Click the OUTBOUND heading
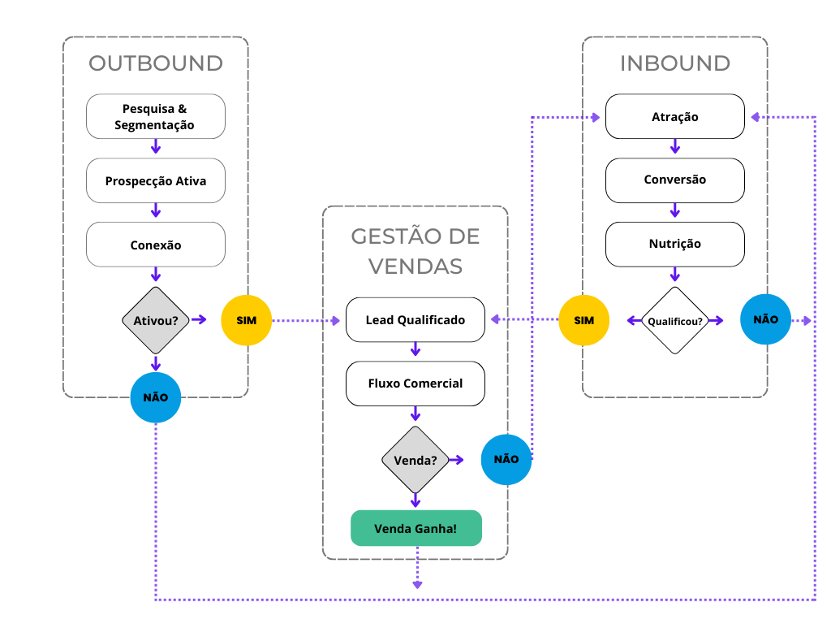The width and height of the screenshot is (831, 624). (156, 63)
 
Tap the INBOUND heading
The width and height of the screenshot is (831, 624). (674, 63)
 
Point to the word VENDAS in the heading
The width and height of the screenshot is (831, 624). (415, 266)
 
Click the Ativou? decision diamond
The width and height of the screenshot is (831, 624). (156, 320)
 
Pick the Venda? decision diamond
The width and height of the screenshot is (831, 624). (415, 460)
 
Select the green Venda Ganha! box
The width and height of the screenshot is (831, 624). (416, 528)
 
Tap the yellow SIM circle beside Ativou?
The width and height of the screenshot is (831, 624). (247, 320)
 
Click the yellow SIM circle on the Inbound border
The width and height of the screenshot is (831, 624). (584, 320)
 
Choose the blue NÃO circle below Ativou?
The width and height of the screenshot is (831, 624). (156, 397)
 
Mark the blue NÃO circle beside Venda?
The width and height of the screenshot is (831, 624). (506, 459)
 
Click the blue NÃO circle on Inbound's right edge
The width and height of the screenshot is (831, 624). (765, 319)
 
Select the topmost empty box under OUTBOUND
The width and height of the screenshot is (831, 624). (156, 116)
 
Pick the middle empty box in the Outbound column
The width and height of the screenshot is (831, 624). (156, 180)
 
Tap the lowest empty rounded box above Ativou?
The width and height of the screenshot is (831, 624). (156, 244)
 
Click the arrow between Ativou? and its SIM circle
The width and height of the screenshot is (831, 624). (200, 320)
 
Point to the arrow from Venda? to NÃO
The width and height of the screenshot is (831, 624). (456, 460)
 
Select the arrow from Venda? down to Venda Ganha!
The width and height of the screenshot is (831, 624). (415, 500)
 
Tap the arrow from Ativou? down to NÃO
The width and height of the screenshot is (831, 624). (156, 365)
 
